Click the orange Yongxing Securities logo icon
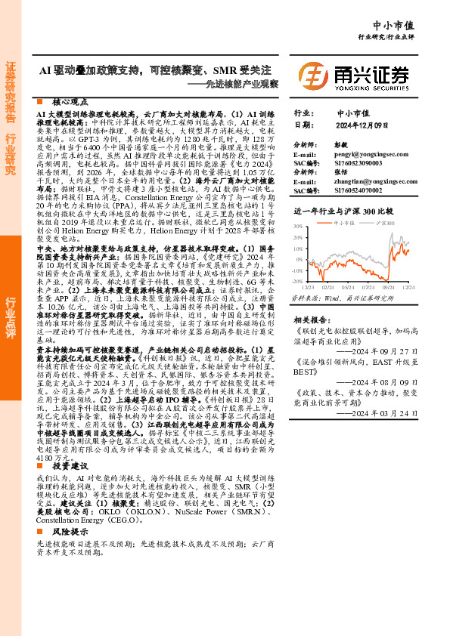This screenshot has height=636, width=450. point(313,76)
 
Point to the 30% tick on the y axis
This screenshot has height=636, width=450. point(299,226)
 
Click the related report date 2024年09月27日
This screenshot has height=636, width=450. point(385,351)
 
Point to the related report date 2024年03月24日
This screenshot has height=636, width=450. point(385,434)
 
